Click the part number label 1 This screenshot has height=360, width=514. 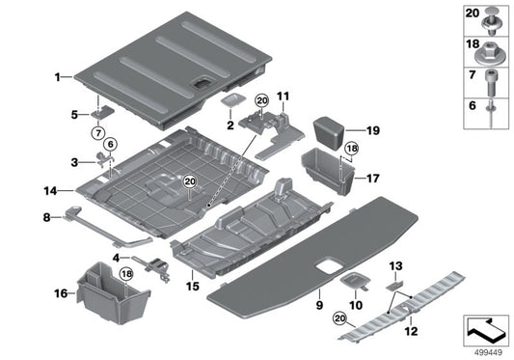point(57,75)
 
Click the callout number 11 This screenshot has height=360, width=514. point(283,97)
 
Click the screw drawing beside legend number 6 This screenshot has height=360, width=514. point(494,111)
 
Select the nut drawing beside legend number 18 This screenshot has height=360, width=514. point(494,45)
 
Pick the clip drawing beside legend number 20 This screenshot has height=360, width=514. point(494,14)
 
